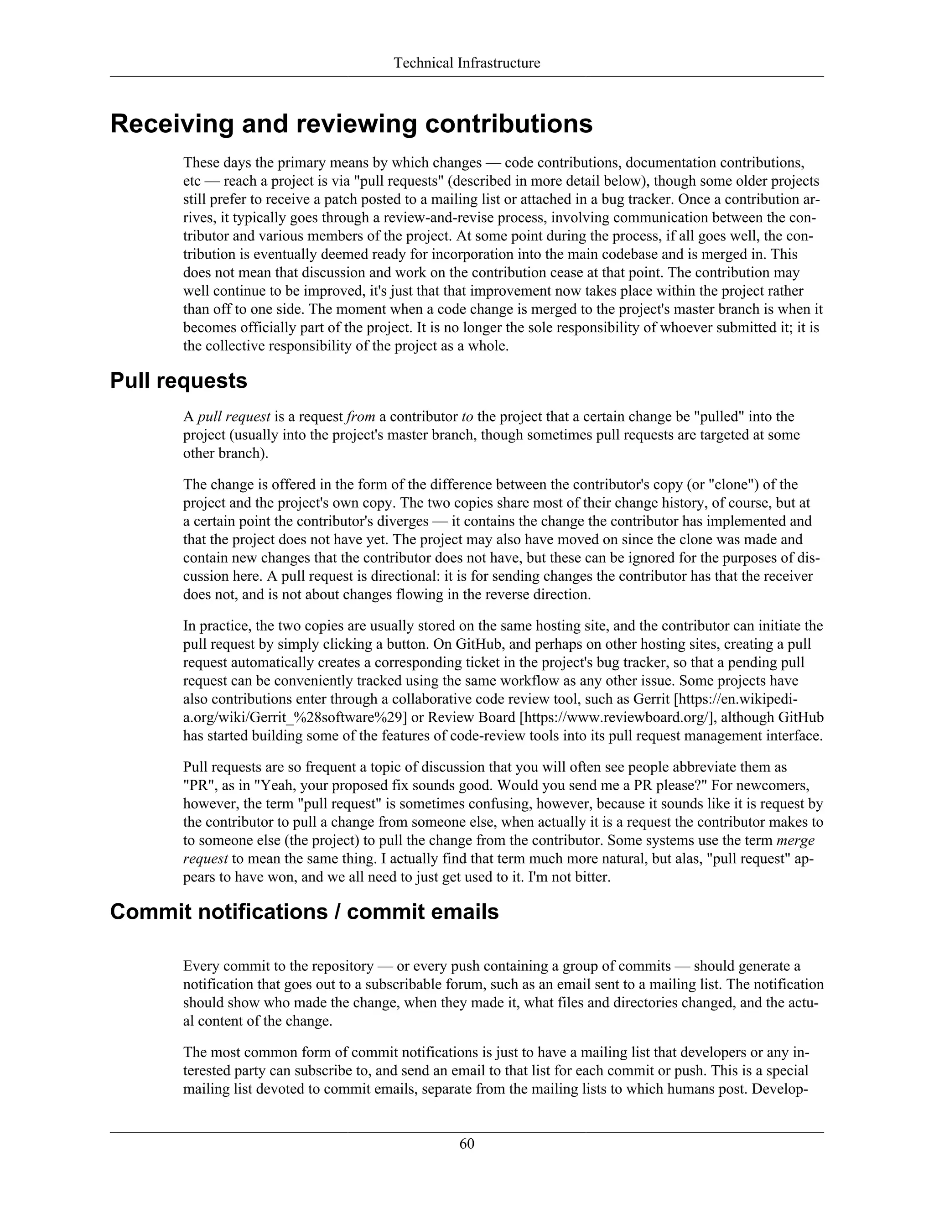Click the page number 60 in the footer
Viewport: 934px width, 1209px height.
(467, 1144)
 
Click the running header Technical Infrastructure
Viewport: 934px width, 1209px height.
(467, 63)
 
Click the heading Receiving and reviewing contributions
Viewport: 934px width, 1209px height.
(351, 124)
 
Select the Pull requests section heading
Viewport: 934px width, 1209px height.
(178, 381)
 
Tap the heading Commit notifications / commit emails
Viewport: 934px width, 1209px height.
(304, 912)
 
